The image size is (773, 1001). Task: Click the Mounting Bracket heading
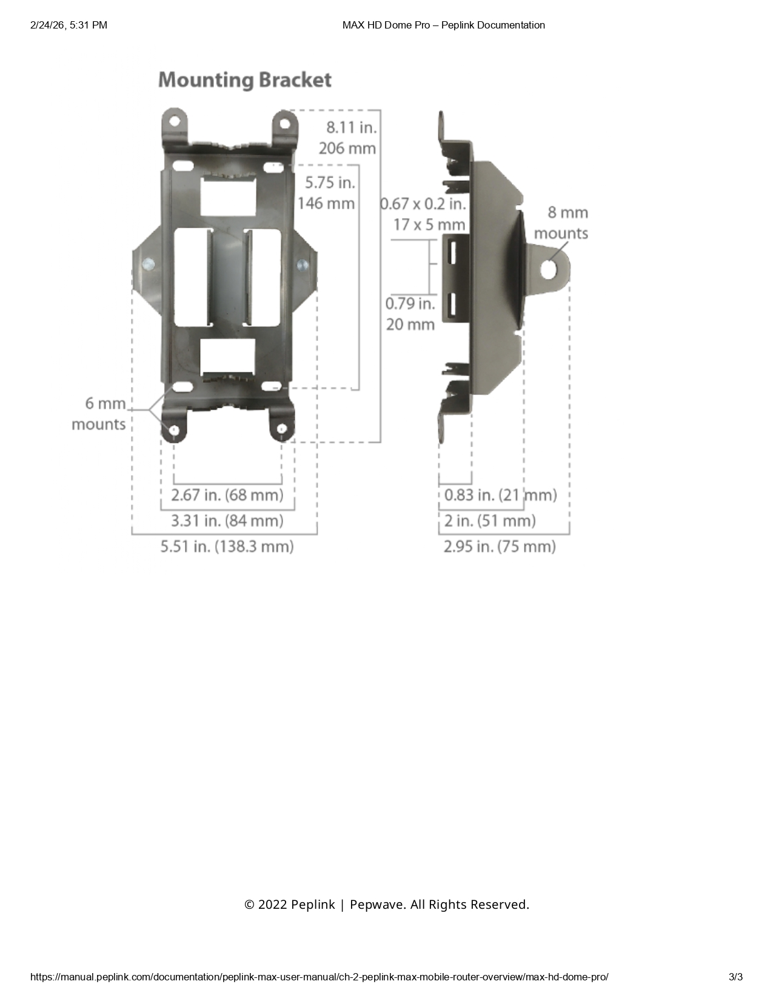[x=244, y=80]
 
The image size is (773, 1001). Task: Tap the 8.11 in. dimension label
[x=351, y=127]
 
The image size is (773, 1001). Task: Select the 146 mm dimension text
[x=326, y=203]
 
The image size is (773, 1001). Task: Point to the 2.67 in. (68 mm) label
[x=227, y=495]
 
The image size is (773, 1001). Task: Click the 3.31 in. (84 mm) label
[x=227, y=521]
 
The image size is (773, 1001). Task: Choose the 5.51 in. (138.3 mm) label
[x=227, y=547]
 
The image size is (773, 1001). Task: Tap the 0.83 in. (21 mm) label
[x=500, y=495]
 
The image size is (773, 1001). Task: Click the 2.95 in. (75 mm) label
[x=500, y=547]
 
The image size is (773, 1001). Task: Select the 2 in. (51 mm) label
[x=490, y=521]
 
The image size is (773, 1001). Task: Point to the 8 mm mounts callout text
[x=561, y=223]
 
